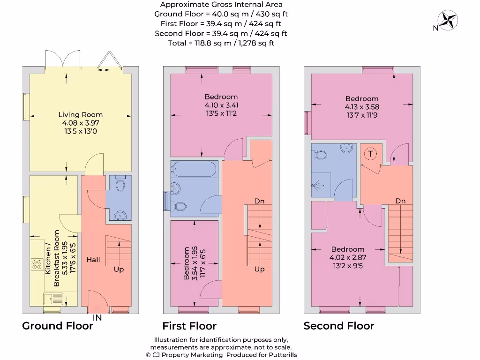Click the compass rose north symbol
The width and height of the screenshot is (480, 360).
coord(448,20)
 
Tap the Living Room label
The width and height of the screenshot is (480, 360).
coord(81,115)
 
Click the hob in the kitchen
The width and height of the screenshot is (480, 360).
coord(37,264)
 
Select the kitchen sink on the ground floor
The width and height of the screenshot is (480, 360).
coord(53,299)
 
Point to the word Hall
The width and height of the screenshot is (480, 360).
coord(93,260)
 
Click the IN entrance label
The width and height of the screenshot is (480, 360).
coord(97,318)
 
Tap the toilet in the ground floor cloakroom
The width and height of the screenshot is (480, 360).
coord(120,183)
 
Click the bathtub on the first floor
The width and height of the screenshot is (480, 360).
coord(194,169)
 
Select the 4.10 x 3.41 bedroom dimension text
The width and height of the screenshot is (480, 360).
coord(221,105)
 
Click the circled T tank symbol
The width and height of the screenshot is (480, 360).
coord(370,154)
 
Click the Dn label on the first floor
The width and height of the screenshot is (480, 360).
coord(259,201)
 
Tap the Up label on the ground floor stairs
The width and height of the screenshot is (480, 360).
coord(119,270)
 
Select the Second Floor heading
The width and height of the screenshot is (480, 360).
coord(339,326)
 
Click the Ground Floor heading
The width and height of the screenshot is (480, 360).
coord(58,326)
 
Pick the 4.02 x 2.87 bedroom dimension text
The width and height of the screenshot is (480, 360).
coord(348,257)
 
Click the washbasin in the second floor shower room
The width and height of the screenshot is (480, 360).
coord(347,148)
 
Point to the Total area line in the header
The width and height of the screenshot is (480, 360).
coord(221,43)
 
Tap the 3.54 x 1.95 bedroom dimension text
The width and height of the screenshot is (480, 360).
coord(195,263)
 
